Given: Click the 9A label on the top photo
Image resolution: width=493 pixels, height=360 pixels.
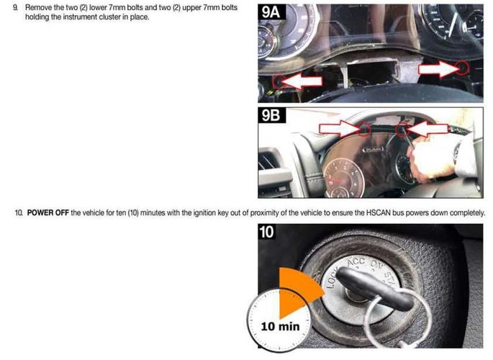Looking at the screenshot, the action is pyautogui.click(x=271, y=12).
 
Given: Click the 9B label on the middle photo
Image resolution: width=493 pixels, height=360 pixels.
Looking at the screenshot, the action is pyautogui.click(x=271, y=115).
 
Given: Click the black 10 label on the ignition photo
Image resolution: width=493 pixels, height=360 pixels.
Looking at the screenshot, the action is pyautogui.click(x=266, y=232).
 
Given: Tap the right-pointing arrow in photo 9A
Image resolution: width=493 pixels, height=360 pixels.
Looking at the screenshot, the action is pyautogui.click(x=439, y=69).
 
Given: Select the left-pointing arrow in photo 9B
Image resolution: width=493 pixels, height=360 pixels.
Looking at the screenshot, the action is pyautogui.click(x=427, y=129).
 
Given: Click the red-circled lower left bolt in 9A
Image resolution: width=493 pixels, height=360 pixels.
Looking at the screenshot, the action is pyautogui.click(x=279, y=82).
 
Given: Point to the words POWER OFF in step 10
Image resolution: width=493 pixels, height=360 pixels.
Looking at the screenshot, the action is pyautogui.click(x=48, y=213).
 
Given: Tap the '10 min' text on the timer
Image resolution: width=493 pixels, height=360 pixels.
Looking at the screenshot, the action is pyautogui.click(x=280, y=326).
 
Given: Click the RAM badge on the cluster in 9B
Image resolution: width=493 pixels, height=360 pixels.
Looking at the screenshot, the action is pyautogui.click(x=373, y=150).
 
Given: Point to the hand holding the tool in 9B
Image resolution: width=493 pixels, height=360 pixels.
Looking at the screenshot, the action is pyautogui.click(x=429, y=161).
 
